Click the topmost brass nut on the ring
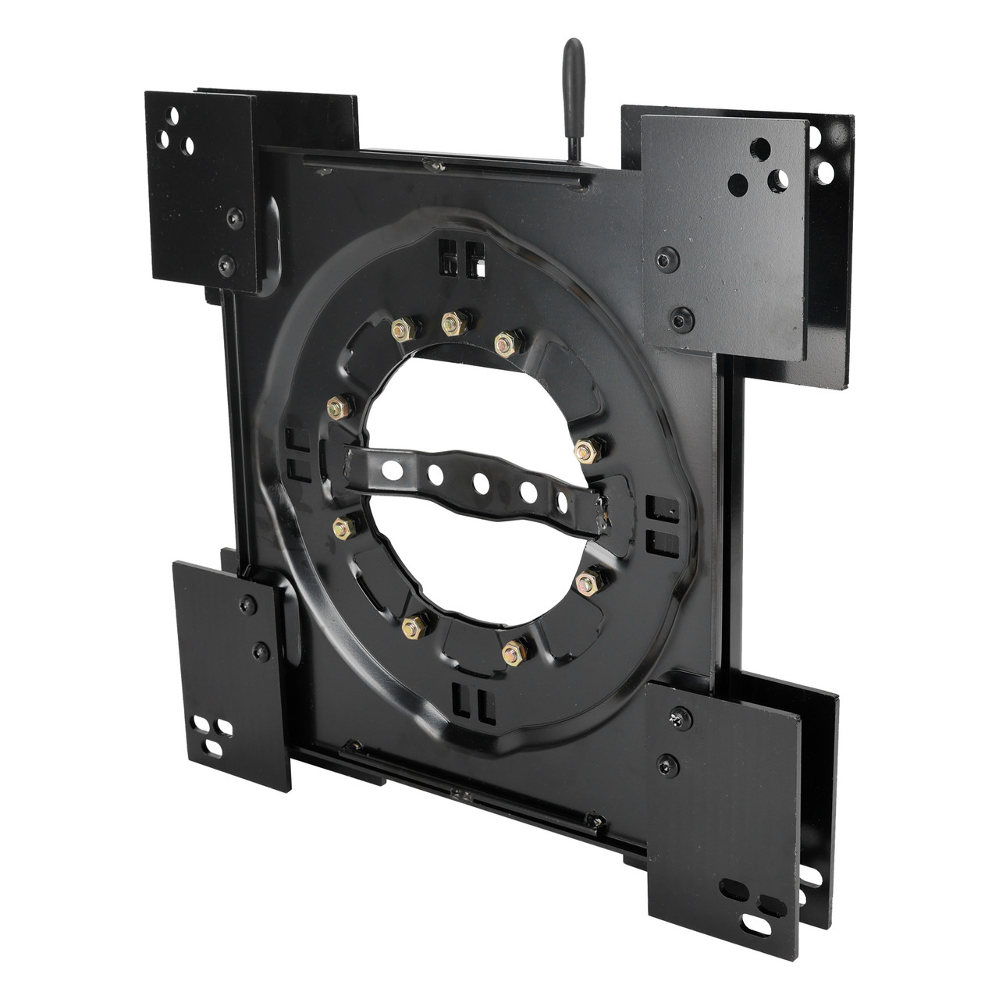point(450,322)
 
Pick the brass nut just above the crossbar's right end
point(585,450)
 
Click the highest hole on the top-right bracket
point(758,146)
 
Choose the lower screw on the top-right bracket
point(677,316)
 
